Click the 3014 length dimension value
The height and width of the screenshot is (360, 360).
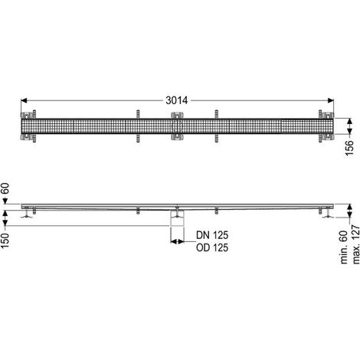177,100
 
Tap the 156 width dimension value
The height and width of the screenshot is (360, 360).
349,148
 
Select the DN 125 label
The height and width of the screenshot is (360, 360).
212,235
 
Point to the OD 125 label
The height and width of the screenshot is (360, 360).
212,247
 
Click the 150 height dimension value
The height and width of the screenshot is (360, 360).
5,241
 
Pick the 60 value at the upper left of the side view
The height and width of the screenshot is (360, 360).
5,188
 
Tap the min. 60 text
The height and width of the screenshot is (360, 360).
345,247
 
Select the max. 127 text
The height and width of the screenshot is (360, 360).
355,244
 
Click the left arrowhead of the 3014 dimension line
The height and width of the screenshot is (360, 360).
24,100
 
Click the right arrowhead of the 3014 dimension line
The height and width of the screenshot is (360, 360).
331,100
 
